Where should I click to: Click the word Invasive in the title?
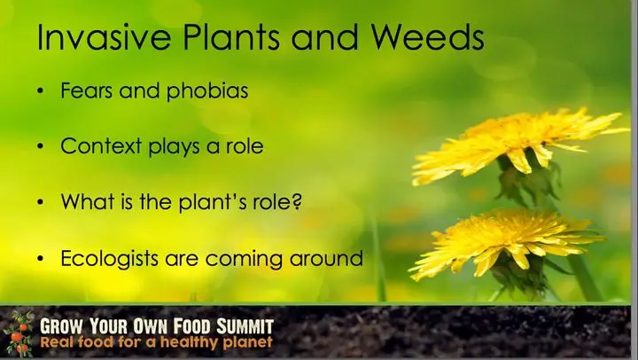(104, 36)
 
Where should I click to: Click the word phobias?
(207, 90)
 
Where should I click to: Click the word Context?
(101, 145)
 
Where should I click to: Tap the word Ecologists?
(110, 259)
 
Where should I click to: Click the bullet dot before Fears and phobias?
(40, 90)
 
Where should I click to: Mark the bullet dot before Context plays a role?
(40, 146)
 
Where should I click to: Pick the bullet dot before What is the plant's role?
(40, 202)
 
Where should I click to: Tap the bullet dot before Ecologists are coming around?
(40, 259)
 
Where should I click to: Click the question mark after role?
(298, 201)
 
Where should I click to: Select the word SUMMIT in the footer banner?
(245, 326)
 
